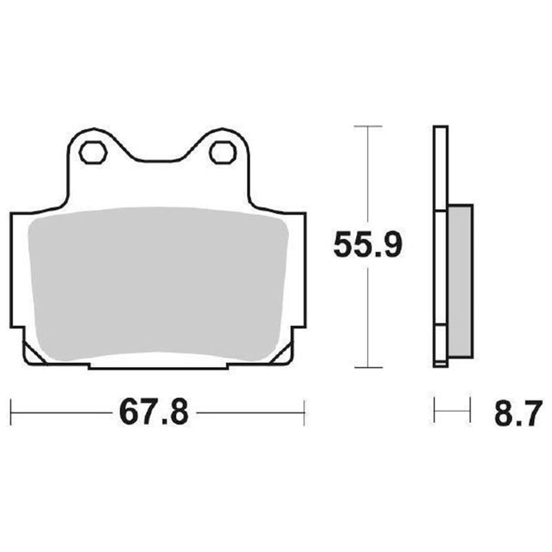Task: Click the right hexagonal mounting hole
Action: [x=222, y=152]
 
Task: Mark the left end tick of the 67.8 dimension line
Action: [x=12, y=413]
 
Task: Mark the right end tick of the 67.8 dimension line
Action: [x=304, y=413]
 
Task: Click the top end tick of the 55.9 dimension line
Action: [x=366, y=127]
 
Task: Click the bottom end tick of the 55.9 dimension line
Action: [x=366, y=366]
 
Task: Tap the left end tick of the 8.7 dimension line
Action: [x=434, y=411]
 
